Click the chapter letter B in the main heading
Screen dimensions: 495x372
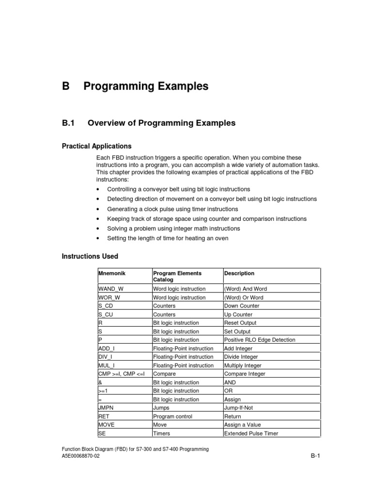click(66, 87)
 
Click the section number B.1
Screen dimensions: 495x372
click(68, 123)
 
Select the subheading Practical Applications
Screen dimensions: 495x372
click(96, 146)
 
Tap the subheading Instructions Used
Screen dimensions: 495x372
click(90, 256)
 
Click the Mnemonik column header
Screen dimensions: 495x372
click(112, 274)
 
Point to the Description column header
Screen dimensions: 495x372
click(239, 274)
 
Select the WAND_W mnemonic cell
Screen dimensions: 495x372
click(111, 289)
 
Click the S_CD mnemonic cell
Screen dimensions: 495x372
click(106, 306)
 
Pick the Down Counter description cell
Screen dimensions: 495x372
click(242, 306)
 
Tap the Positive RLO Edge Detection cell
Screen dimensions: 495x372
click(259, 340)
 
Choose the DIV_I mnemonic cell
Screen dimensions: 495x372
click(105, 357)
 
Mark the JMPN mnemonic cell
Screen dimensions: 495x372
click(106, 408)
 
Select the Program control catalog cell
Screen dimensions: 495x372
click(172, 416)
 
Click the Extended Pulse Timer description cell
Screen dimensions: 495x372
click(251, 434)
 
